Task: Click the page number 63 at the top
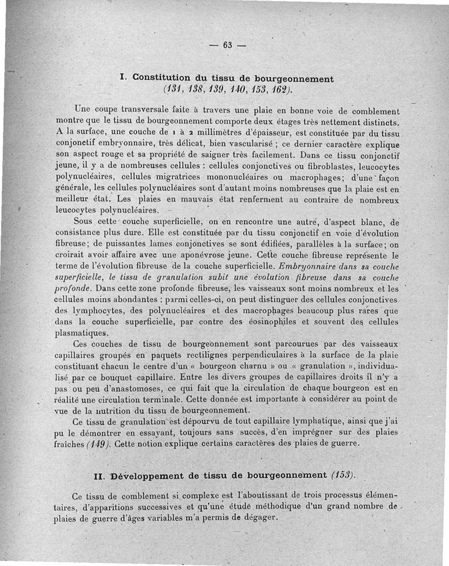[227, 45]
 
